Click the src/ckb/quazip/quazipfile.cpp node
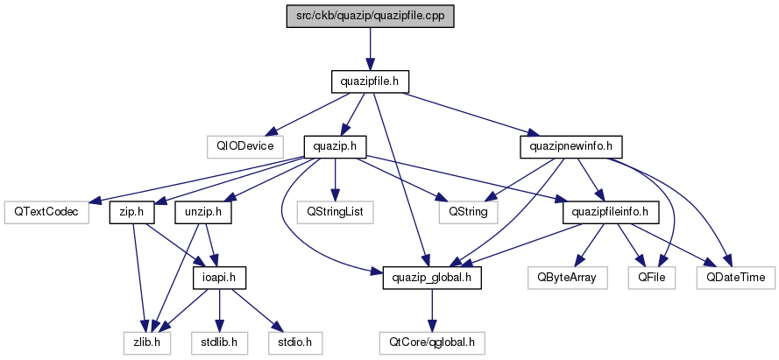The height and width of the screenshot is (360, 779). (x=370, y=17)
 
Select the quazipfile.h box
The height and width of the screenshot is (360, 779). (x=370, y=81)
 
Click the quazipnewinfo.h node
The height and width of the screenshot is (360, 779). (x=571, y=147)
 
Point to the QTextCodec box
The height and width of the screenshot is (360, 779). (x=46, y=212)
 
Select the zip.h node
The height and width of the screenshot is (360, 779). (x=132, y=212)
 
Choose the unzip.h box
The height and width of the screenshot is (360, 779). (x=203, y=212)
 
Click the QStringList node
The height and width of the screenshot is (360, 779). (x=336, y=212)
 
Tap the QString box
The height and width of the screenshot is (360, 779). (x=469, y=212)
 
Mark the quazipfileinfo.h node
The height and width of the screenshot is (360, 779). (x=611, y=212)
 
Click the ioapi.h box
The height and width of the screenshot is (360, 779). (x=219, y=278)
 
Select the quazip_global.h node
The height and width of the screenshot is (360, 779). (x=432, y=278)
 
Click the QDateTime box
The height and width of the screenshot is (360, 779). (x=735, y=278)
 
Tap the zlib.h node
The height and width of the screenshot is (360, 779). (x=146, y=343)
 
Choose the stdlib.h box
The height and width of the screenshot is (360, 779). (x=219, y=343)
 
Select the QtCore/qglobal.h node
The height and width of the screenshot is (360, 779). (x=432, y=343)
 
